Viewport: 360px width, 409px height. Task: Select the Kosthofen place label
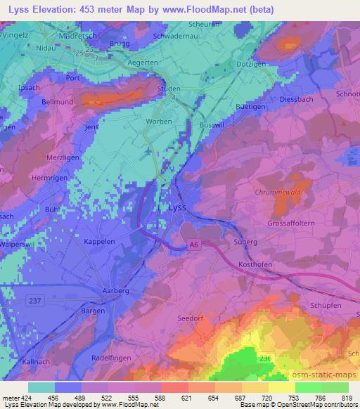click(x=253, y=261)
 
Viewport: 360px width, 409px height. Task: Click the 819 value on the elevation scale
click(x=346, y=398)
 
